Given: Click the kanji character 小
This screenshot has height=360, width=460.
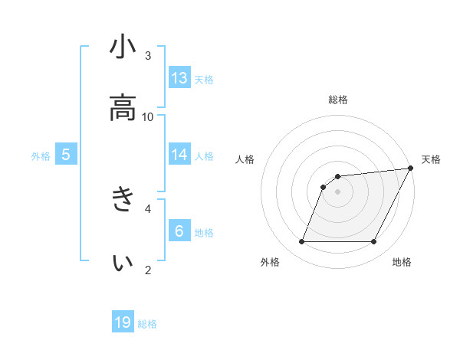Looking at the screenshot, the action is click(123, 47).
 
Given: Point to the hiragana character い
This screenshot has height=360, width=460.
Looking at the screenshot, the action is click(123, 262).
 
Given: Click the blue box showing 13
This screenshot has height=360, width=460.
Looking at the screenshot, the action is click(179, 78).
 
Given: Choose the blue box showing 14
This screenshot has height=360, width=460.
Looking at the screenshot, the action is click(179, 155).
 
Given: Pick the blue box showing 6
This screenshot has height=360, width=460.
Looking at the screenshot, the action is click(179, 231).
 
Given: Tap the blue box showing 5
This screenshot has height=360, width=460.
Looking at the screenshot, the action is click(66, 155).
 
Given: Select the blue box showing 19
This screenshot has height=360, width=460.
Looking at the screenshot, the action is click(123, 322).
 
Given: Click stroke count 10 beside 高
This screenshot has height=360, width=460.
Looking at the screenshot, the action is click(148, 116).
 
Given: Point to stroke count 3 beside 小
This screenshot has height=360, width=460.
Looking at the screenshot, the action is click(148, 55).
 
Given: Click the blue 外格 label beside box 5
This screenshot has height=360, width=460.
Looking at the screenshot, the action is click(41, 156).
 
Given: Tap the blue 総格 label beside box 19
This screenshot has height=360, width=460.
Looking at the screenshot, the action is click(147, 324).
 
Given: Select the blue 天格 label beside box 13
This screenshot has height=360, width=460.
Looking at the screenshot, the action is click(204, 80).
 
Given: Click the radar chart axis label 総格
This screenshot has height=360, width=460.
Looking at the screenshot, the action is click(338, 100).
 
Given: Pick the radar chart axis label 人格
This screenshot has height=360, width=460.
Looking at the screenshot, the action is click(246, 159).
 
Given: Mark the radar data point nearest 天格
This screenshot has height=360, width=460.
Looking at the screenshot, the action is click(411, 169).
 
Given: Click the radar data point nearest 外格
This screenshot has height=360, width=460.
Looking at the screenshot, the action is click(301, 242).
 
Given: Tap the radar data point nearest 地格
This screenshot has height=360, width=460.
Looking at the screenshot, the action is click(374, 242).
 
